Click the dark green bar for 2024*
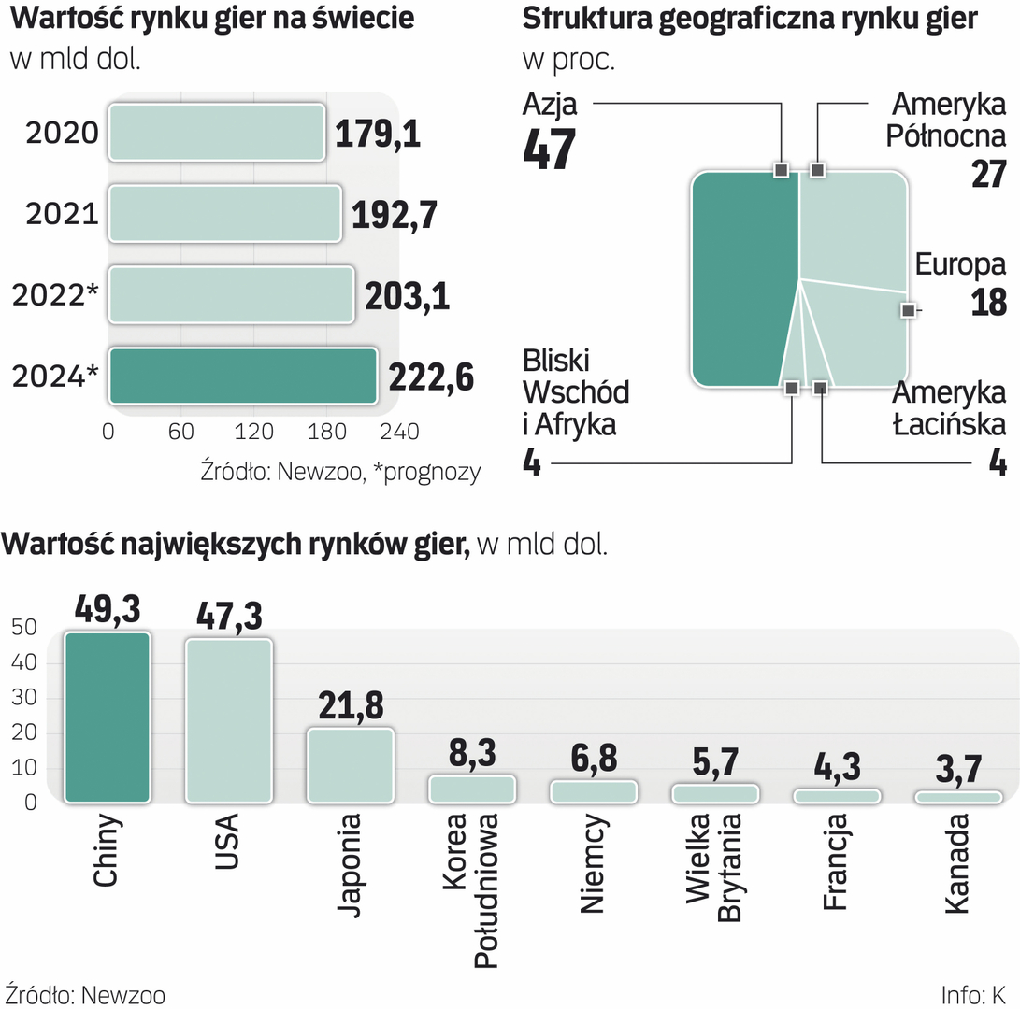click(x=243, y=377)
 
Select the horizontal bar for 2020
click(x=217, y=133)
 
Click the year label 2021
click(x=62, y=215)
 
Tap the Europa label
click(x=960, y=265)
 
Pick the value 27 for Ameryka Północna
click(x=987, y=174)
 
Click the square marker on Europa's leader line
click(x=906, y=309)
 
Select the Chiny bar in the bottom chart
click(x=107, y=718)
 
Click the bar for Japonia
click(x=350, y=765)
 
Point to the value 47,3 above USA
click(x=229, y=616)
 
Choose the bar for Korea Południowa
click(x=471, y=789)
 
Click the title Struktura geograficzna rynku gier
click(x=750, y=20)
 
